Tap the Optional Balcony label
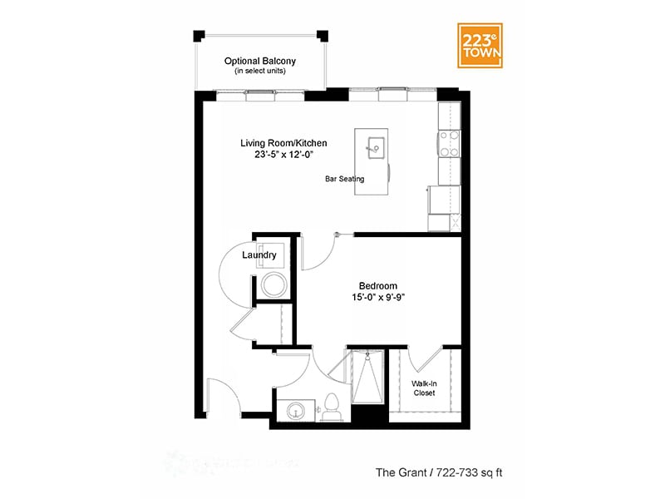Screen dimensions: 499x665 point(260,62)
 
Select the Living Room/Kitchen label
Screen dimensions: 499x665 point(278,143)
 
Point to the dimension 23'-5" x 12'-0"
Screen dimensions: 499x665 point(278,155)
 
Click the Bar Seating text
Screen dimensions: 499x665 point(344,179)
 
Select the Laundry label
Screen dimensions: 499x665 point(259,255)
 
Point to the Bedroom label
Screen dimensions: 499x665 point(377,284)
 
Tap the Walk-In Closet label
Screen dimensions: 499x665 point(425,389)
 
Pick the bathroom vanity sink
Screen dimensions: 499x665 point(295,410)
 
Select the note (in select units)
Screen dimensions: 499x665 point(260,73)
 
